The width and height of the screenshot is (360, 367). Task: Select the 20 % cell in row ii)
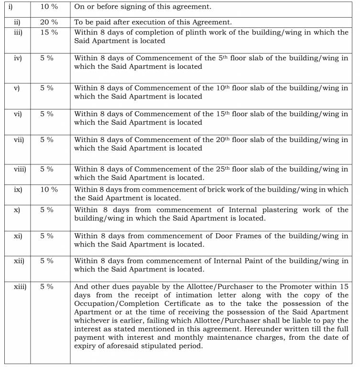click(x=48, y=22)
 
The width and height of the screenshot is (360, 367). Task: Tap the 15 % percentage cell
click(x=48, y=32)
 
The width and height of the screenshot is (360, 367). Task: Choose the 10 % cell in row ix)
click(x=48, y=189)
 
